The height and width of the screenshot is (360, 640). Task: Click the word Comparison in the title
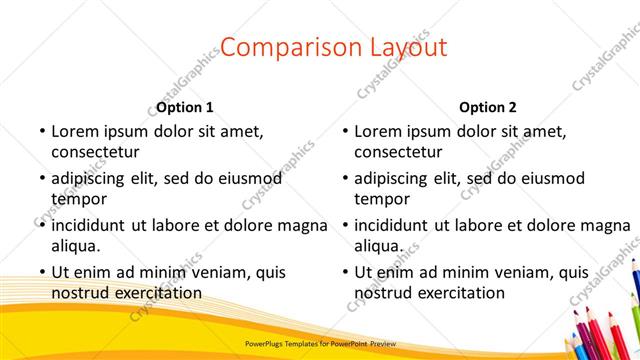277,47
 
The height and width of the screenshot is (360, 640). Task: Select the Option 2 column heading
488,107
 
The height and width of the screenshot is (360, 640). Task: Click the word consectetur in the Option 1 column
95,152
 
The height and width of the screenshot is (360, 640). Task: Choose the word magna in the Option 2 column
605,224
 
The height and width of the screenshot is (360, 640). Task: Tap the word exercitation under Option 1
153,293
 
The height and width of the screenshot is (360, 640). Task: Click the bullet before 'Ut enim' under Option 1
41,272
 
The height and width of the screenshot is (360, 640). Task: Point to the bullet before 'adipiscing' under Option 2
344,179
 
